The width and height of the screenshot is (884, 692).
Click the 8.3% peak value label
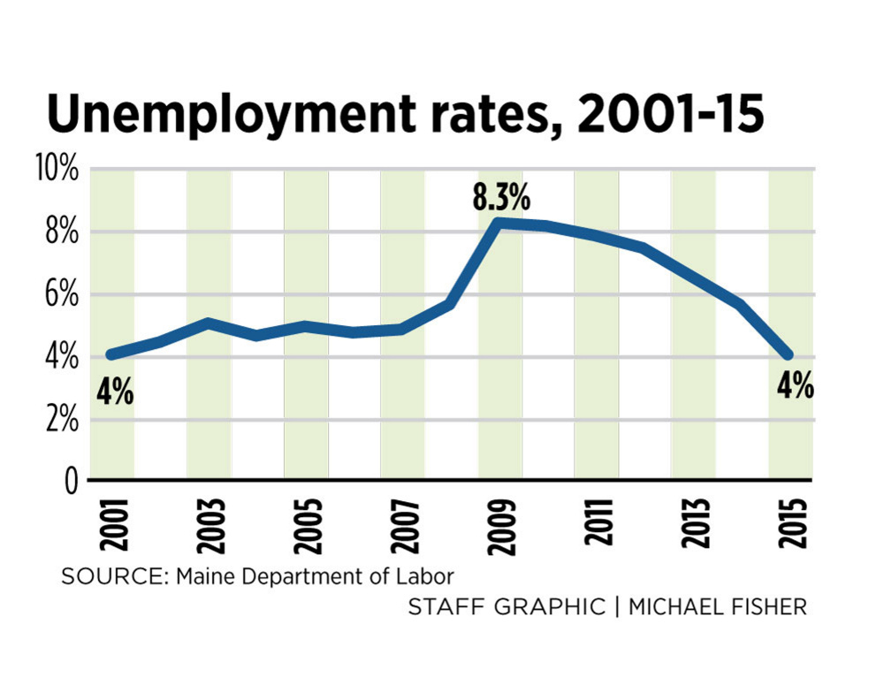coord(500,197)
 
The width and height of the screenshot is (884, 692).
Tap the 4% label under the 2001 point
coord(115,390)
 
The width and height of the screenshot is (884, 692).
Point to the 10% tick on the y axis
coord(55,168)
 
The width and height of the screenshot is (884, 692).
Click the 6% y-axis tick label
coord(61,294)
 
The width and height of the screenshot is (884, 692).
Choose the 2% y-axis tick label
coord(61,420)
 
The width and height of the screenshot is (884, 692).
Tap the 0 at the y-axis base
coord(70,482)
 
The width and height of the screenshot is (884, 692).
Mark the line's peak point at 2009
coord(499,223)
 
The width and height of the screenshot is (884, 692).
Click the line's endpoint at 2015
coord(789,354)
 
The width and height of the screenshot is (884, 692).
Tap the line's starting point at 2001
coord(110,354)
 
